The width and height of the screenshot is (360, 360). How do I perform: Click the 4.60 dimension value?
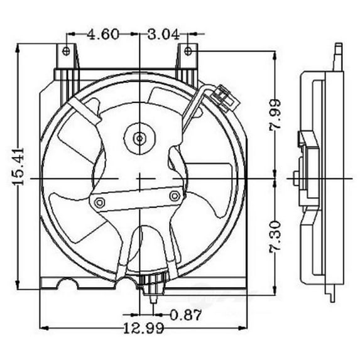[103, 34]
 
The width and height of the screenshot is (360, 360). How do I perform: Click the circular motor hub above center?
[139, 135]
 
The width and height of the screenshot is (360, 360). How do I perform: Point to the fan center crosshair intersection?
[139, 180]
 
